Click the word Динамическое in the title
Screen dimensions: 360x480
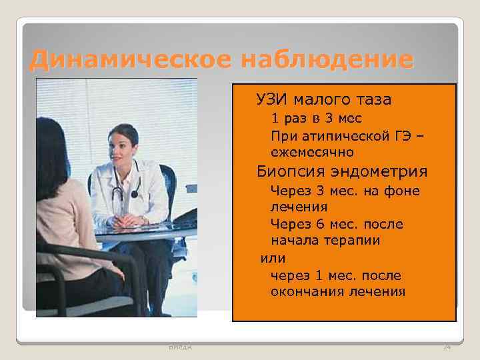click(128, 61)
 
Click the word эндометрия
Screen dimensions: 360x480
click(383, 172)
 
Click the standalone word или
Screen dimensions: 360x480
click(273, 258)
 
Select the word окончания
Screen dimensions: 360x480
click(307, 291)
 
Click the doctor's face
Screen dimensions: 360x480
click(123, 146)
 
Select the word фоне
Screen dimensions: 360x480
click(403, 191)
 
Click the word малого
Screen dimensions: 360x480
click(321, 100)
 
